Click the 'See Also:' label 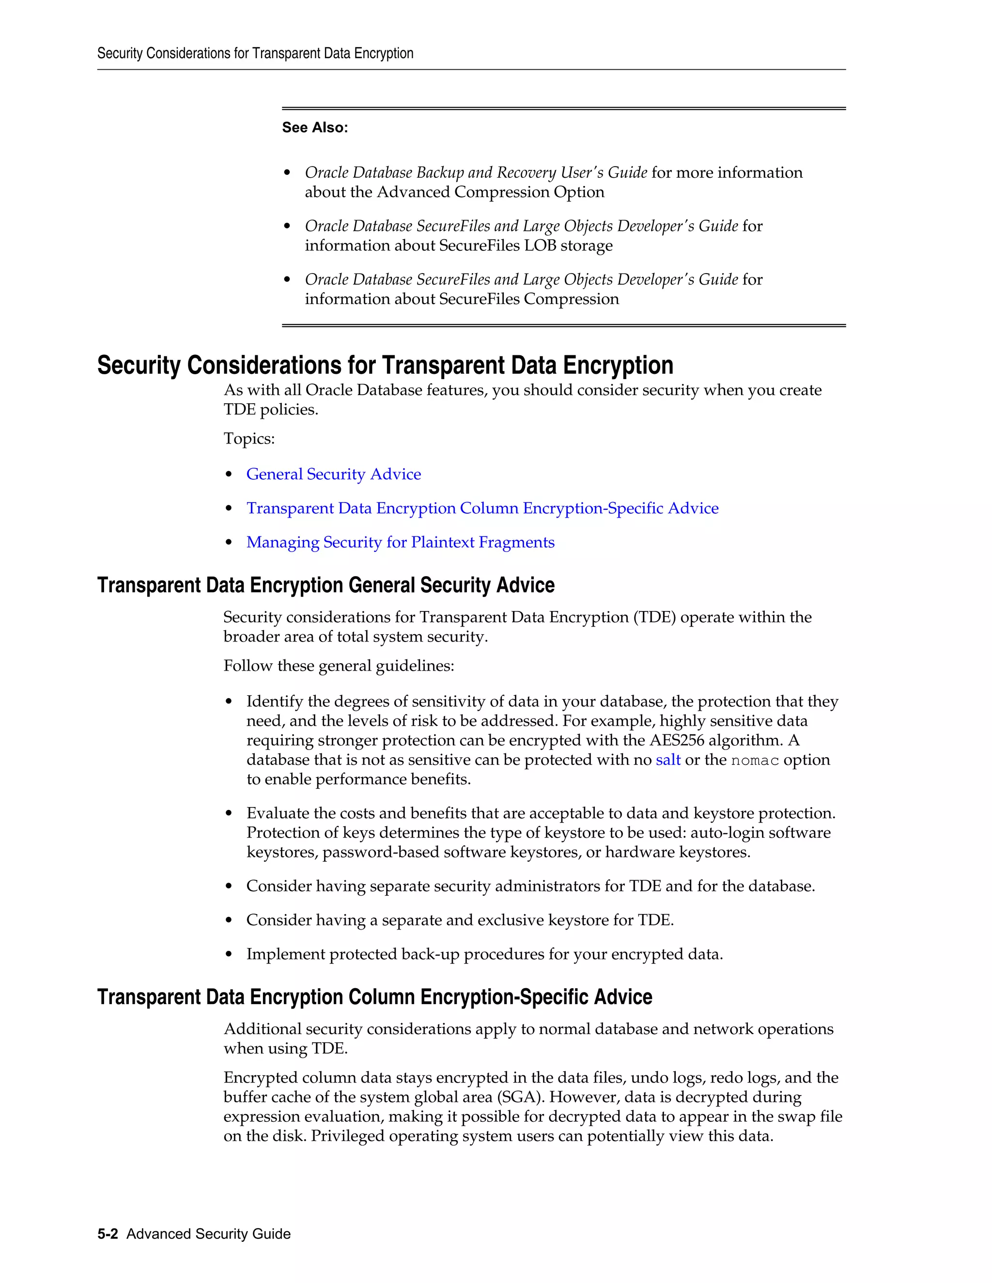314,127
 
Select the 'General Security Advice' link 333,474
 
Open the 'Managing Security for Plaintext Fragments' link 400,542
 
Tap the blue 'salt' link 667,760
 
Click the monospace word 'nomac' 755,760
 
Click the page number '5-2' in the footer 108,1234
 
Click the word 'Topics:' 249,439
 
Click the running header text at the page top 255,53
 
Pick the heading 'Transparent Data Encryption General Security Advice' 325,585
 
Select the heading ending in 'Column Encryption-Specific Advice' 374,997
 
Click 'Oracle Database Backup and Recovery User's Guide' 476,173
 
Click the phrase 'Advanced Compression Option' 490,192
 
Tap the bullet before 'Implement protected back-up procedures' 229,955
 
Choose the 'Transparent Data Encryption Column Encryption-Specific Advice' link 482,508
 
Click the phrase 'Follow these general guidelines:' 339,666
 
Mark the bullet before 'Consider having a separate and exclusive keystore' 229,920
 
